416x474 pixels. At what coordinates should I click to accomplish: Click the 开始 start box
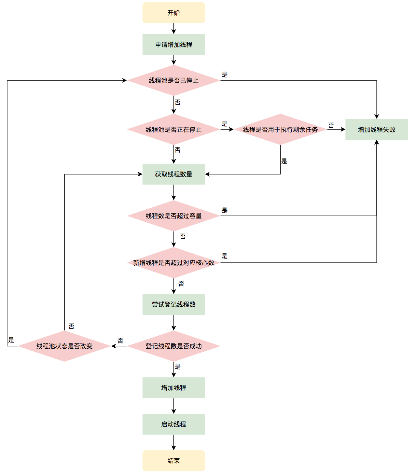point(173,13)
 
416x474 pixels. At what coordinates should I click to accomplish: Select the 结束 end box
point(173,461)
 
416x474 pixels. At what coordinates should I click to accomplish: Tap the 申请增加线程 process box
point(173,45)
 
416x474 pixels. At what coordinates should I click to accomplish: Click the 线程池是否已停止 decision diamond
point(173,80)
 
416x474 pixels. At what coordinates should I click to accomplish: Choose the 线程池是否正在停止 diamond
point(173,130)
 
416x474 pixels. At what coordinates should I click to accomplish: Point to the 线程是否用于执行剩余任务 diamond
point(280,130)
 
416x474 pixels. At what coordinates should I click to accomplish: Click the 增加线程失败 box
point(377,130)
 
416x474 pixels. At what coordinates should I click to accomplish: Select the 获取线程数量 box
point(173,174)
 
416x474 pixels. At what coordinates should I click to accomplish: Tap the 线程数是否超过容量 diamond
point(173,216)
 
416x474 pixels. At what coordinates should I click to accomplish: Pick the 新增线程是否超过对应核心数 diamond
point(173,263)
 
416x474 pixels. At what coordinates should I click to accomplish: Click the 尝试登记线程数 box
point(173,304)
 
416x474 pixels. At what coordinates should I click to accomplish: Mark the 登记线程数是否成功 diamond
point(173,346)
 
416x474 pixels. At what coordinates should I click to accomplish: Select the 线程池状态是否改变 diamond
point(64,346)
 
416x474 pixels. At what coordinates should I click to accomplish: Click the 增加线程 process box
point(173,388)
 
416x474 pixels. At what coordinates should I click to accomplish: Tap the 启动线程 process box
point(173,424)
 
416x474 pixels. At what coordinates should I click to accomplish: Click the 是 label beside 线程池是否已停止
point(225,75)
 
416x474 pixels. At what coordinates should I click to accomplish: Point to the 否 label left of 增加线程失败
point(331,125)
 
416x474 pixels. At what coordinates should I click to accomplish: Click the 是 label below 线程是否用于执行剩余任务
point(284,161)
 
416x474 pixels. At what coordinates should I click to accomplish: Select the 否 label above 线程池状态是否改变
point(71,326)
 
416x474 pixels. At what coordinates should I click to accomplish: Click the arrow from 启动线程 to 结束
point(173,442)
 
